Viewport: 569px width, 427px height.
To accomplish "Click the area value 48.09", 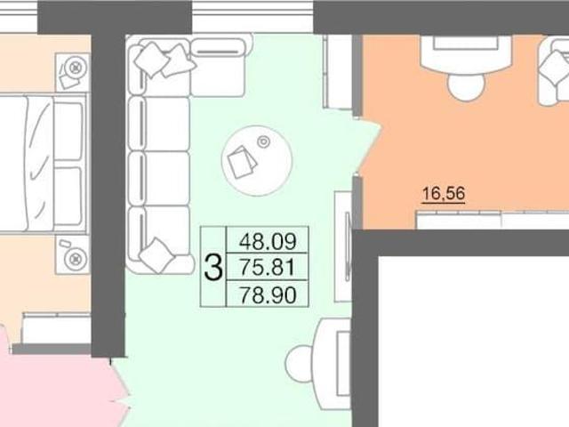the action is tap(268, 241).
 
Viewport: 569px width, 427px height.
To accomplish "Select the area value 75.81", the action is tap(268, 268).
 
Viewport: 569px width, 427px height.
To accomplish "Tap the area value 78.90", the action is tap(268, 294).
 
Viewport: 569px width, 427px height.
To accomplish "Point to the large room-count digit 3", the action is tap(213, 268).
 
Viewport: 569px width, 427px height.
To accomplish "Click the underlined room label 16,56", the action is tap(444, 193).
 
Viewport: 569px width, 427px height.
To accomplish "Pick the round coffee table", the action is tap(257, 160).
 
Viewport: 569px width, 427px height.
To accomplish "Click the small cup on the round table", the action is tap(264, 142).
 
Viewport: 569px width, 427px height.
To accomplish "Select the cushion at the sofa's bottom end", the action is tap(156, 255).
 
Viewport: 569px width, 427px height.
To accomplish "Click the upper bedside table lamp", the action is tap(75, 68).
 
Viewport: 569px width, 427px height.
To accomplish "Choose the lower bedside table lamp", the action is tap(76, 259).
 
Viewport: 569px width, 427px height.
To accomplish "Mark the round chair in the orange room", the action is tap(466, 86).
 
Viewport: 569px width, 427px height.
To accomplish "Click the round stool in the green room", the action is tap(300, 364).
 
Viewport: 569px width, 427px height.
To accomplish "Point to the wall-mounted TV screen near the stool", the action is tap(348, 247).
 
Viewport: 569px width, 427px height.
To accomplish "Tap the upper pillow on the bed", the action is tap(68, 131).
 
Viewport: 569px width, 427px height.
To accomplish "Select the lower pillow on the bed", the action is tap(68, 196).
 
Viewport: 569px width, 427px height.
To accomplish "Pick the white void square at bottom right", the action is tap(474, 342).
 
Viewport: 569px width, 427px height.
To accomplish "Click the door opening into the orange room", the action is tap(368, 145).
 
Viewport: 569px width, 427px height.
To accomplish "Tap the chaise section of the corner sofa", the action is tap(218, 68).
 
